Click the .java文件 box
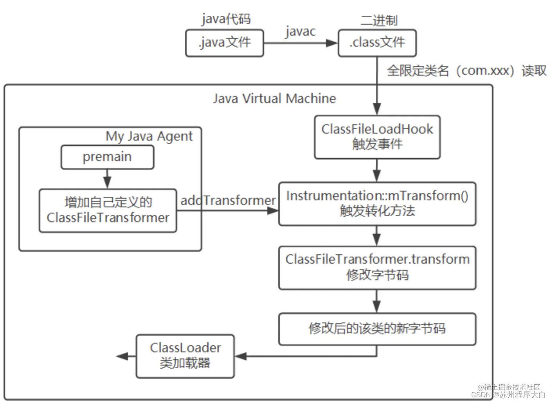[x=225, y=43]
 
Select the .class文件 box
[x=377, y=43]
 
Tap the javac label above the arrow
[x=300, y=31]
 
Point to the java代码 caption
[x=226, y=18]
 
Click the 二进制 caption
[x=378, y=20]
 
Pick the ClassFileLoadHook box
[x=377, y=137]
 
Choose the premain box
[x=107, y=157]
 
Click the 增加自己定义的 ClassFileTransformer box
[x=108, y=210]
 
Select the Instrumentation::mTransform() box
[x=377, y=203]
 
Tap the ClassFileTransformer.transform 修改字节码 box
[x=377, y=268]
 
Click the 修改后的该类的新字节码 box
[x=377, y=329]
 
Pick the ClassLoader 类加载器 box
[x=185, y=356]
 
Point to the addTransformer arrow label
[x=228, y=200]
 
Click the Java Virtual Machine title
[x=274, y=98]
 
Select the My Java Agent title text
[x=149, y=136]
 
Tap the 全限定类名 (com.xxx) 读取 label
[x=466, y=71]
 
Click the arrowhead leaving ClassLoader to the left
[x=122, y=356]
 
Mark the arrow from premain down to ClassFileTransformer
[x=107, y=179]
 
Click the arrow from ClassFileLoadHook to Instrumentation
[x=376, y=171]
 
